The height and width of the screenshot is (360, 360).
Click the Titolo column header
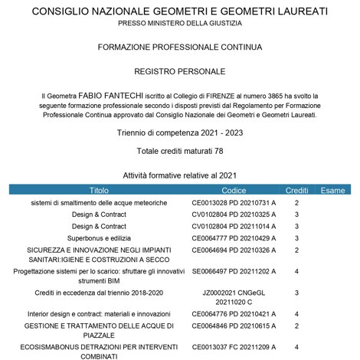click(99, 189)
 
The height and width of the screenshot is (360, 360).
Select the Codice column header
click(234, 189)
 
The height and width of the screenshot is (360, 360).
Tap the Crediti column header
click(296, 189)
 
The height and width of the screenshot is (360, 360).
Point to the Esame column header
click(332, 189)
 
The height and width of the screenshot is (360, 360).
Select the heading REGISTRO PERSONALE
click(180, 71)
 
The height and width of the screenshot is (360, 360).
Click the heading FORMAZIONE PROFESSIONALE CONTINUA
click(180, 47)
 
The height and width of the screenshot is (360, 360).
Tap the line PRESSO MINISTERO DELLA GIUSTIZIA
click(180, 25)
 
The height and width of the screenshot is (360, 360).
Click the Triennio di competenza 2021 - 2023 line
click(180, 133)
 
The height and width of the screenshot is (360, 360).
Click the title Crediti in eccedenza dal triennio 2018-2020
click(99, 293)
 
